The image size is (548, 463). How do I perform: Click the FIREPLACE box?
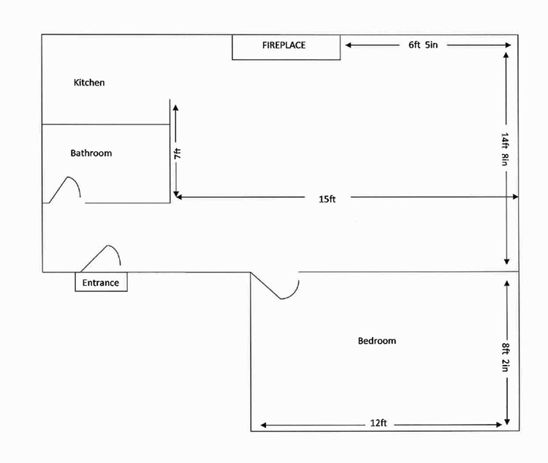coord(286,46)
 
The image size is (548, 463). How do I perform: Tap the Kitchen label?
coord(89,83)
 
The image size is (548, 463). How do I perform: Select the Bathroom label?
coord(91,154)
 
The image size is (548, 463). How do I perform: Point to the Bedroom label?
coord(377,341)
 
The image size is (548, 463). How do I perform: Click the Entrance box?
coord(101,282)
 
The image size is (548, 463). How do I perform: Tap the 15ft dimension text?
coord(327,198)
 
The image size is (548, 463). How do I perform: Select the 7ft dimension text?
coord(177,154)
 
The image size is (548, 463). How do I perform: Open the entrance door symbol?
coord(102,257)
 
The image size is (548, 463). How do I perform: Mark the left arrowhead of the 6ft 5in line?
coord(349,45)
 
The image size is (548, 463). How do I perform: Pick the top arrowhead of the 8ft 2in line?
coord(506,281)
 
